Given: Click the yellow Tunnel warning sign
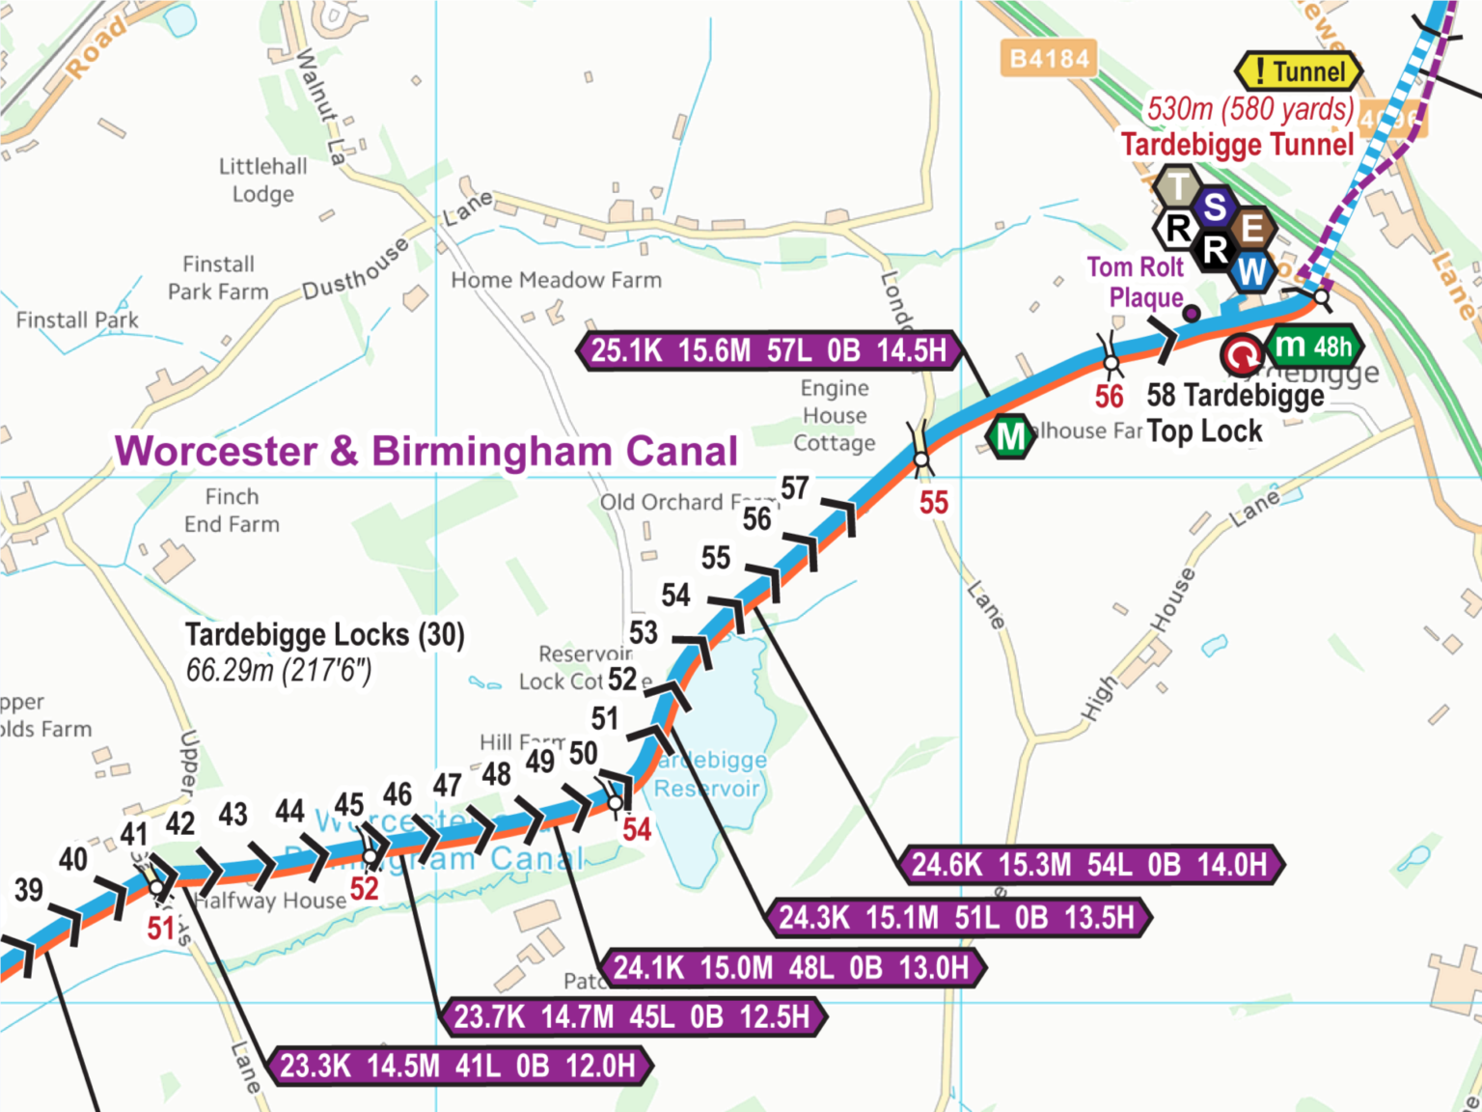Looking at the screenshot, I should [1299, 71].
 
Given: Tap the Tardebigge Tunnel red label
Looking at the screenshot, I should [1237, 145].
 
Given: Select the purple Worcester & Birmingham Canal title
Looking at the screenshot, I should [425, 451].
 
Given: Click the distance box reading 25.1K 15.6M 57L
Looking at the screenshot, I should [768, 350].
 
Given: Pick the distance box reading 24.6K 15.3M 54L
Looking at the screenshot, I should [1089, 865].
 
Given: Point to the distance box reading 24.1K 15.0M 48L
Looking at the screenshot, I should [791, 967].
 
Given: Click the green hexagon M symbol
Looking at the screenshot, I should [1009, 436].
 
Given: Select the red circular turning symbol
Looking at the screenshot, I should [1241, 355].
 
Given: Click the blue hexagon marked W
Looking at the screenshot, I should [1251, 272].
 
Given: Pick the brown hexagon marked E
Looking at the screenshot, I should [1252, 229].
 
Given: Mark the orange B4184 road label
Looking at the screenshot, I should [1049, 60].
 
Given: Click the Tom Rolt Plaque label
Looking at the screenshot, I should [1137, 282].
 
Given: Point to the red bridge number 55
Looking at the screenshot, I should [933, 503].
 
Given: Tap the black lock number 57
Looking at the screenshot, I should [794, 488].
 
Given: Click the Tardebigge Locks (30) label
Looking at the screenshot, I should [324, 635].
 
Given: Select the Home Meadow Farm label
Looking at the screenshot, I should [556, 281].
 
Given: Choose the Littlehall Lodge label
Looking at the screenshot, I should [262, 181].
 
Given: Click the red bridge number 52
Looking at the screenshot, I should [364, 888].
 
